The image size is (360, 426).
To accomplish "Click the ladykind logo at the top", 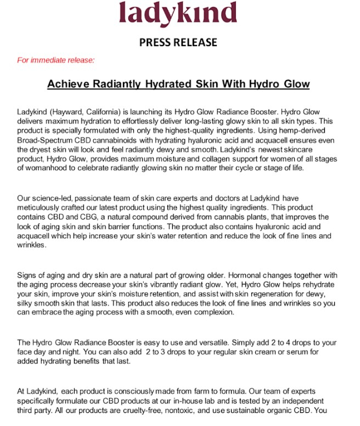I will pos(178,14).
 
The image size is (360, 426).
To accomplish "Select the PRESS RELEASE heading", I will pos(178,42).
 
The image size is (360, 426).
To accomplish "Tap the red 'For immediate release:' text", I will pos(56,60).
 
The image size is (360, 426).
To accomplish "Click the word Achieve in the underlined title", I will pos(67,85).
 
